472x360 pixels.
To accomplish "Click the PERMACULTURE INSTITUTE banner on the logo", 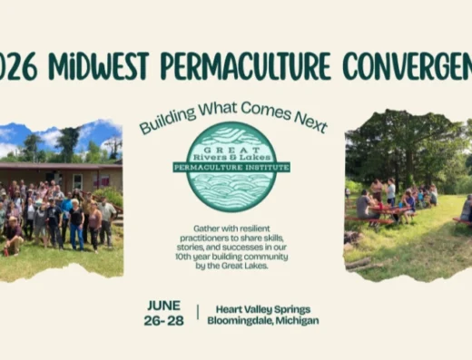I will (231, 167).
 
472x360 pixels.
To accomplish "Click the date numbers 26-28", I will (162, 319).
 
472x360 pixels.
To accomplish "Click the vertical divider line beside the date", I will (198, 313).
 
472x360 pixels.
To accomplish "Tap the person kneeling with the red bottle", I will (13, 237).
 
